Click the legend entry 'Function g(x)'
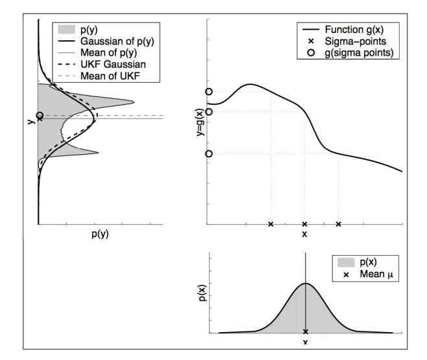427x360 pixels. click(357, 30)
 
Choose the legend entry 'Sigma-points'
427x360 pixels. click(357, 41)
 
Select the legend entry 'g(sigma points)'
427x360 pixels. click(361, 52)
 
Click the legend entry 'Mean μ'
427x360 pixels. click(376, 275)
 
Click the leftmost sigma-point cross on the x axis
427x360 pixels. click(271, 224)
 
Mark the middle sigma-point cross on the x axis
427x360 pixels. click(305, 224)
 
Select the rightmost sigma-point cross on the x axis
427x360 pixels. click(338, 224)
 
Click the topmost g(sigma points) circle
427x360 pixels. click(209, 92)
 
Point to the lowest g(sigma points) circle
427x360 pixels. click(209, 154)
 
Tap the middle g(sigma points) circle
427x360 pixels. click(209, 111)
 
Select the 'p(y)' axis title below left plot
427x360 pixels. click(98, 234)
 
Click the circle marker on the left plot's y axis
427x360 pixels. click(40, 115)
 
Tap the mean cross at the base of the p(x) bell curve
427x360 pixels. click(305, 332)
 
